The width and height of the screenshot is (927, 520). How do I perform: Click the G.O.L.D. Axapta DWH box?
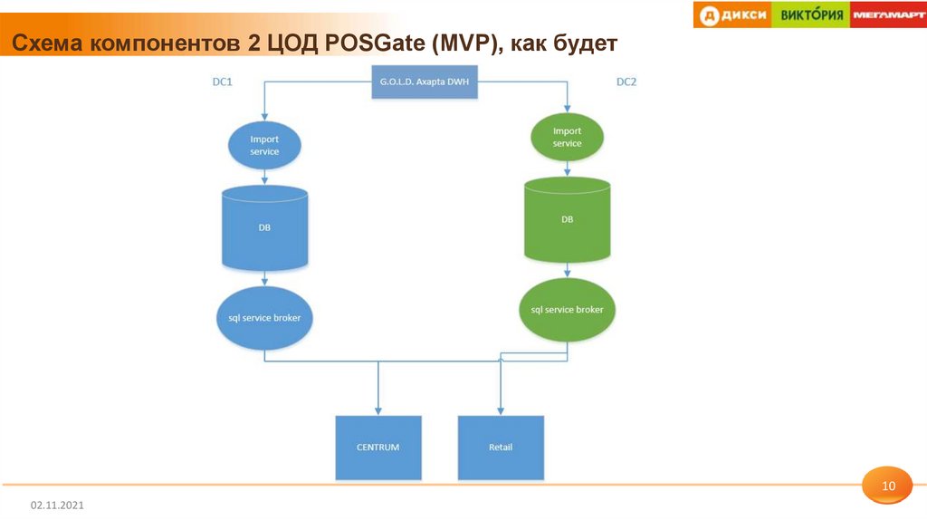[423, 82]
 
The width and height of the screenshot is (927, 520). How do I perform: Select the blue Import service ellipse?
[264, 145]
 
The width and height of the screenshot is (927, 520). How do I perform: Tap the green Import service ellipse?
[568, 137]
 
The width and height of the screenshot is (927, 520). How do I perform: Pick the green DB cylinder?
[568, 219]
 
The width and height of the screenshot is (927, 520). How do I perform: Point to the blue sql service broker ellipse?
[264, 318]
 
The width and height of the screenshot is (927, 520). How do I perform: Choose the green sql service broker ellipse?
[568, 310]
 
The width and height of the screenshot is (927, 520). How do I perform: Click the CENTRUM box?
[378, 448]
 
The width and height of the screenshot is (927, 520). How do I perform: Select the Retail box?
[501, 448]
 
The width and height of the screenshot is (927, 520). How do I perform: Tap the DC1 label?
[223, 82]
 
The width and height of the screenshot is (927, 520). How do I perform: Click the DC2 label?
[626, 82]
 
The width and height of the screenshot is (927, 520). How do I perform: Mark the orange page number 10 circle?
[888, 487]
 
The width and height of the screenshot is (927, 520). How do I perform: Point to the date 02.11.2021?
[57, 504]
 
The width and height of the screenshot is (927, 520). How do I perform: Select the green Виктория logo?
[811, 14]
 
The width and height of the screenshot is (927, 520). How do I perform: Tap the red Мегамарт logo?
[888, 14]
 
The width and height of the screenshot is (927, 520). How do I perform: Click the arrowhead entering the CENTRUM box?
[378, 411]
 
